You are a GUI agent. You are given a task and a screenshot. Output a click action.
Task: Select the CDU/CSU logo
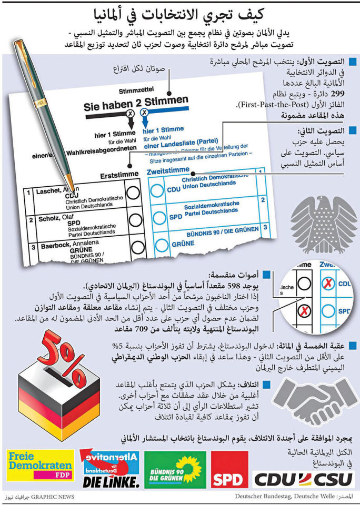[304, 478]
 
